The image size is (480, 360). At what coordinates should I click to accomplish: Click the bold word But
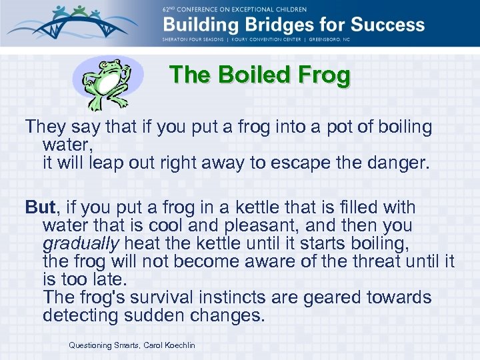point(39,207)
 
